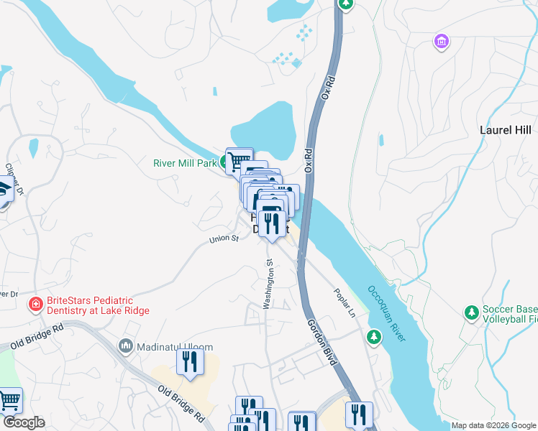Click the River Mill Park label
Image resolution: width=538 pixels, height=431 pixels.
(x=185, y=163)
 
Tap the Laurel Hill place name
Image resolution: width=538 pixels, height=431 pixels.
(x=505, y=130)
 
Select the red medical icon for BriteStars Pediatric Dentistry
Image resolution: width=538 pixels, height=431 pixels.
(x=34, y=305)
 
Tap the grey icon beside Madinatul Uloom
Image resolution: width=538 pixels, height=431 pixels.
(x=127, y=346)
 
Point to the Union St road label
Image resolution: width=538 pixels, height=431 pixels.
(x=224, y=239)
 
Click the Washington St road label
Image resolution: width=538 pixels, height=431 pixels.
(x=268, y=284)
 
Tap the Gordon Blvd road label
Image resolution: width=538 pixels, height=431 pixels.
(x=321, y=342)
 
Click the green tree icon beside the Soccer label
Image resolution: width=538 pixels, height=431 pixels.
(x=471, y=313)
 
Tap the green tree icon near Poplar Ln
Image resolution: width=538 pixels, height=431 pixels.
(x=373, y=336)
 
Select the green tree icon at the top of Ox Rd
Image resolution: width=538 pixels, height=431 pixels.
(x=347, y=4)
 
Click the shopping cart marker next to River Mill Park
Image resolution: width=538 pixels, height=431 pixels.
(x=239, y=159)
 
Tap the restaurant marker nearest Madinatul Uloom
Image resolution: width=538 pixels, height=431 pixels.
(x=190, y=361)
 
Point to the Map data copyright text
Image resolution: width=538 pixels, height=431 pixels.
(x=493, y=425)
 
